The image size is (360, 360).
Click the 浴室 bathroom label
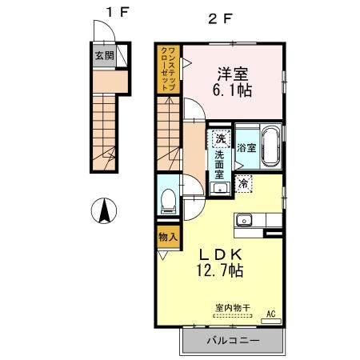click(246, 148)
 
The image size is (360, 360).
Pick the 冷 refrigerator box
click(246, 184)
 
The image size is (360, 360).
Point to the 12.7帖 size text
click(220, 271)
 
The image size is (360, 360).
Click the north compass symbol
click(103, 210)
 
